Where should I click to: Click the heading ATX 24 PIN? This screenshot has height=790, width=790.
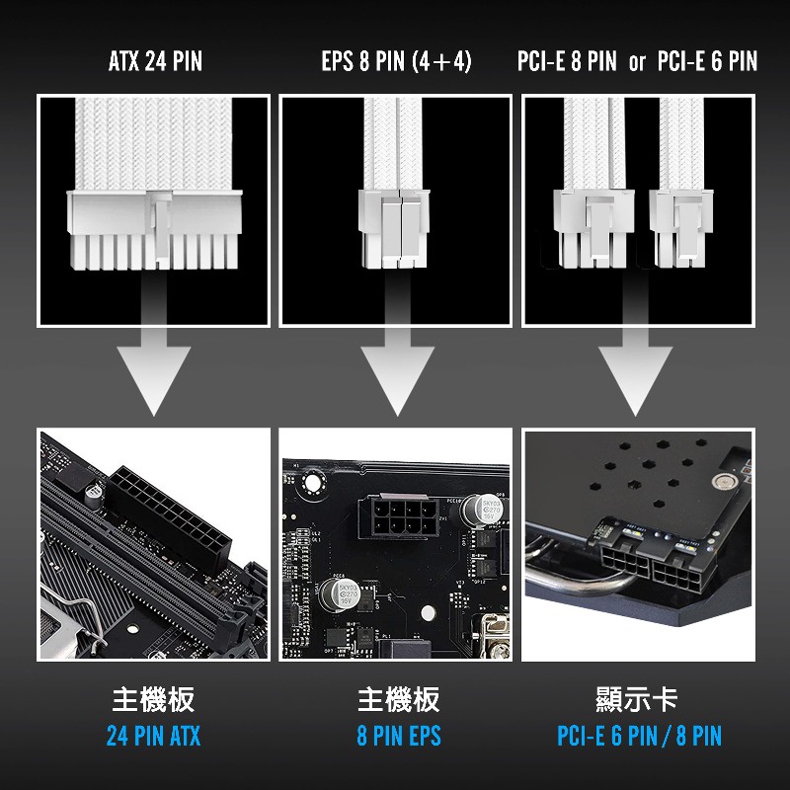pos(155,61)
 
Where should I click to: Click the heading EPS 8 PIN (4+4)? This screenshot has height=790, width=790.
pos(397,61)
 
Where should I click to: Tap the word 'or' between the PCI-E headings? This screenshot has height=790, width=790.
pos(637,62)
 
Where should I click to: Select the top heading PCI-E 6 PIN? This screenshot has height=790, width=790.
pos(707,61)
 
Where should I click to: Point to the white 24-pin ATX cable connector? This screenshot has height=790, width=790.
pos(155,229)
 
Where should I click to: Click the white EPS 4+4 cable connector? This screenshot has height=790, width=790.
pos(394,228)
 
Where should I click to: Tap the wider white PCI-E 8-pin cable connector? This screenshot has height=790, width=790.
pos(593,228)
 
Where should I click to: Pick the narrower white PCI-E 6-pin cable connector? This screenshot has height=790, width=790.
pos(681,228)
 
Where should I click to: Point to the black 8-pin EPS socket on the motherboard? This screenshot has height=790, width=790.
pos(399,516)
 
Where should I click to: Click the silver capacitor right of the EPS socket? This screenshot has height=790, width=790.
pos(483,509)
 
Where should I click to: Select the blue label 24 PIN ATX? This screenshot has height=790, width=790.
pos(154,736)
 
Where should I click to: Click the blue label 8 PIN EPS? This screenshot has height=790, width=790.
pos(399,736)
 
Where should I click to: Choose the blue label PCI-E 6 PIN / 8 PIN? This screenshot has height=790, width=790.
pos(639,736)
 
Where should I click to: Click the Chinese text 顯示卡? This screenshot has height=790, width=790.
pos(636,700)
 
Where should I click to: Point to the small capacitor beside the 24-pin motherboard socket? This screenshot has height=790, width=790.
pos(94,496)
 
